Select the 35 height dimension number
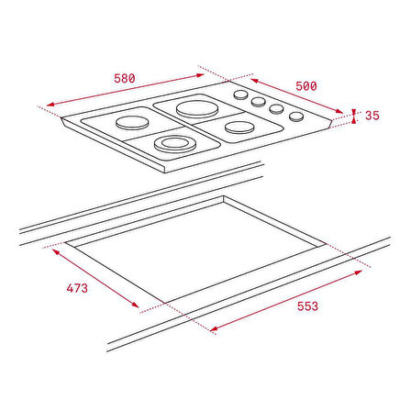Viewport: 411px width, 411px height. click(372, 117)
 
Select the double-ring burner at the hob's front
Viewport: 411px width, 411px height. click(172, 142)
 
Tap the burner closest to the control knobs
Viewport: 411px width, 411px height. click(240, 128)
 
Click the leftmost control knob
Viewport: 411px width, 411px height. click(241, 94)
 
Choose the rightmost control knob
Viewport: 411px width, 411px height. click(296, 116)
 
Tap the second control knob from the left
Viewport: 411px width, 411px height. click(259, 102)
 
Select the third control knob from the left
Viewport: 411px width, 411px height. click(276, 109)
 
